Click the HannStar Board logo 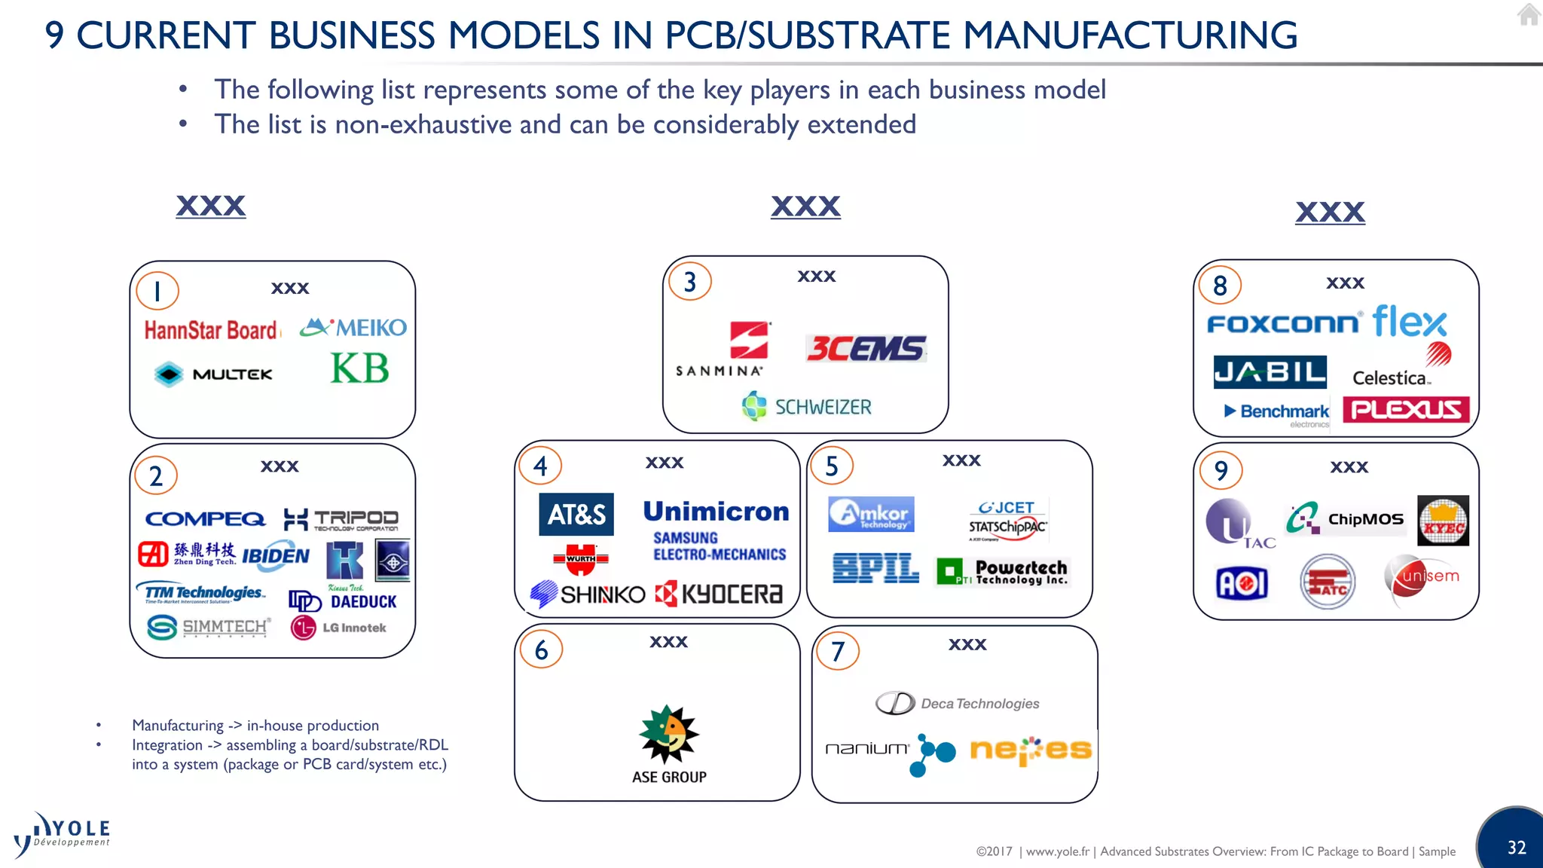pyautogui.click(x=212, y=330)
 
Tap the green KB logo pyautogui.click(x=360, y=368)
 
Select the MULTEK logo pyautogui.click(x=213, y=374)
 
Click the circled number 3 pyautogui.click(x=690, y=282)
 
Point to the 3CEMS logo pyautogui.click(x=866, y=349)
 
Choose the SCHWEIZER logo pyautogui.click(x=807, y=407)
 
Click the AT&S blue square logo pyautogui.click(x=576, y=515)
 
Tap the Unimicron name pyautogui.click(x=716, y=512)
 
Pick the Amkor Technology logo pyautogui.click(x=871, y=515)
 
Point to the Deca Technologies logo pyautogui.click(x=958, y=703)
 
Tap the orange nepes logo pyautogui.click(x=1031, y=750)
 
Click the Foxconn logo pyautogui.click(x=1283, y=324)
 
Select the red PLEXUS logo pyautogui.click(x=1406, y=409)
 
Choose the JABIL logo pyautogui.click(x=1270, y=372)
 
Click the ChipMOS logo pyautogui.click(x=1345, y=519)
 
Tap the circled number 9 pyautogui.click(x=1221, y=470)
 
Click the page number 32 pyautogui.click(x=1517, y=848)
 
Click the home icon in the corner pyautogui.click(x=1529, y=14)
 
